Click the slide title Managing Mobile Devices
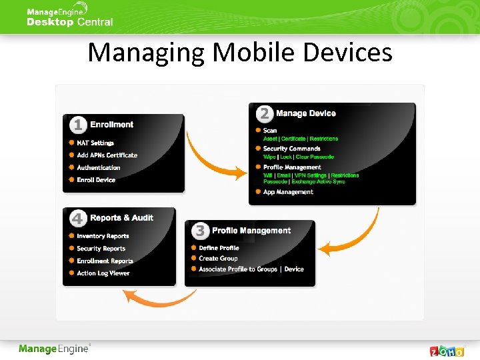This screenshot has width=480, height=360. point(240,52)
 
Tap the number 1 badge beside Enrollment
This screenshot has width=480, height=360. point(79,125)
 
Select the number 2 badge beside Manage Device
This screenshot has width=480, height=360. point(265,113)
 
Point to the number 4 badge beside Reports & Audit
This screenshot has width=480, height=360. point(78,218)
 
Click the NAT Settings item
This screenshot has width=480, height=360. point(95,143)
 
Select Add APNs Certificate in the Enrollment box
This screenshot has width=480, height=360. point(107,155)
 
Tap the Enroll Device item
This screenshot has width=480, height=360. point(96,180)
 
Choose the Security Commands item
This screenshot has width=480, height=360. point(291,149)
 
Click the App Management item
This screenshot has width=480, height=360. point(288,192)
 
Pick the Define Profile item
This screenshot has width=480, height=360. point(219,248)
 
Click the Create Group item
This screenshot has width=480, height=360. point(218,259)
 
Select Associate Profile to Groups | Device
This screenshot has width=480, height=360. point(251,269)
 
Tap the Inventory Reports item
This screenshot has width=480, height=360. point(103,236)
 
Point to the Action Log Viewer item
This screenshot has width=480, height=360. point(103,273)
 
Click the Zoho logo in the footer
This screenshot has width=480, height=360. point(447,350)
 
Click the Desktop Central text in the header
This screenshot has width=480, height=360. point(69,22)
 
